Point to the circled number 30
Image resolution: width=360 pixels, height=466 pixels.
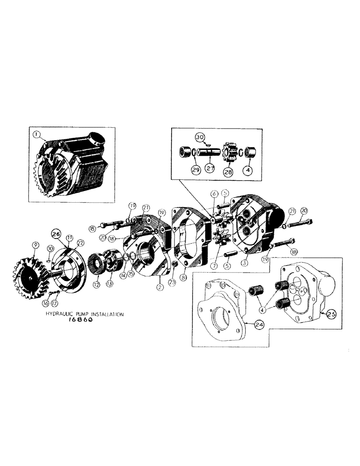pyautogui.click(x=200, y=137)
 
